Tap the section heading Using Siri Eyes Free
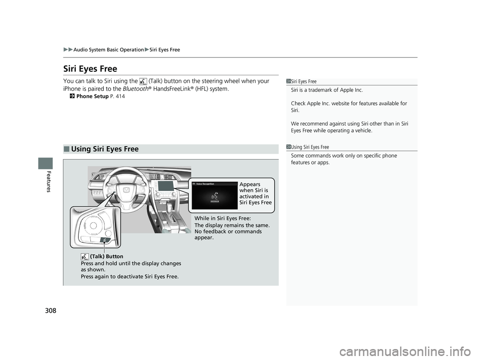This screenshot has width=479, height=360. point(105,149)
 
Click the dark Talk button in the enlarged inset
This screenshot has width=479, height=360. point(104,239)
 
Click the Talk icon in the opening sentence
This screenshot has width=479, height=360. point(143,81)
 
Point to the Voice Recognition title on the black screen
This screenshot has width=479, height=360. point(205,184)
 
